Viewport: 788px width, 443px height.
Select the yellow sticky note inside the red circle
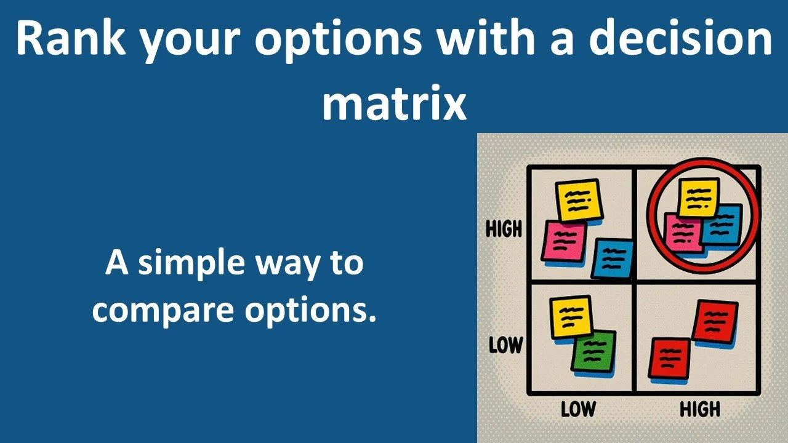pos(699,197)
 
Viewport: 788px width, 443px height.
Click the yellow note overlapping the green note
pos(571,316)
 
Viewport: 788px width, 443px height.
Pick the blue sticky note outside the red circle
pos(613,258)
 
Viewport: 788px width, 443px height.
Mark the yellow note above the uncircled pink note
pos(578,200)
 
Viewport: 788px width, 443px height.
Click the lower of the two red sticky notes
pos(670,359)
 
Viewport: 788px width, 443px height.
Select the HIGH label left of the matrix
pos(504,229)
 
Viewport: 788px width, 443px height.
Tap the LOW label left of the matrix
pos(505,345)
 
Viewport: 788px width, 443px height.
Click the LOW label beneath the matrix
pos(577,408)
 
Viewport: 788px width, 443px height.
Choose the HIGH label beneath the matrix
pos(699,408)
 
